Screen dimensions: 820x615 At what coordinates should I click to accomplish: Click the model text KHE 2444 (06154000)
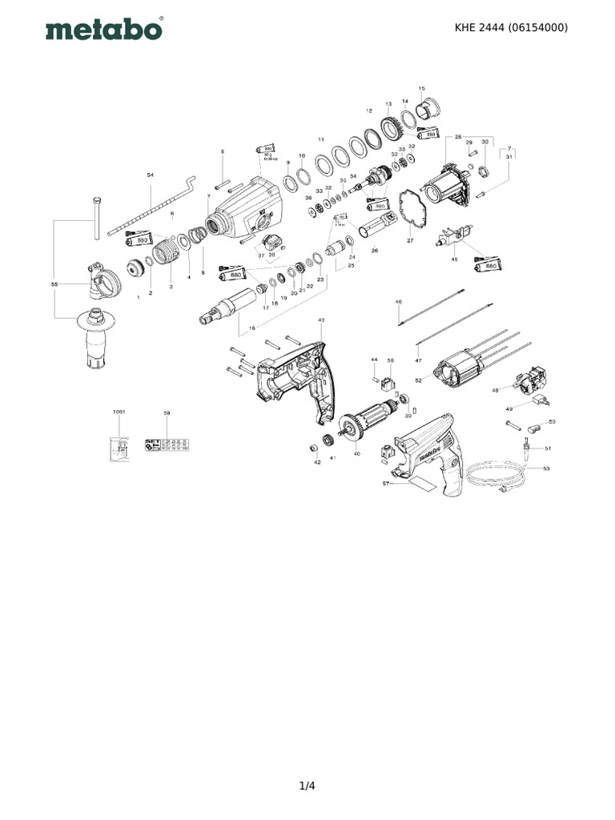click(511, 27)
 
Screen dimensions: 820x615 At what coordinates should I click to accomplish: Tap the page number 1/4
click(307, 786)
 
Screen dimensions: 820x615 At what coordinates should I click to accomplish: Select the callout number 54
click(150, 174)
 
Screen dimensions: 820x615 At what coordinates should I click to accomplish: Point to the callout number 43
click(321, 320)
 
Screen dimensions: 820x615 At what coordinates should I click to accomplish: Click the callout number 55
click(54, 284)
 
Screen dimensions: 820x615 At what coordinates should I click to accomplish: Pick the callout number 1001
click(119, 412)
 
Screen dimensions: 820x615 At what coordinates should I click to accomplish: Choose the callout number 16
click(253, 328)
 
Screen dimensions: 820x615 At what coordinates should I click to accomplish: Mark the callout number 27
click(410, 240)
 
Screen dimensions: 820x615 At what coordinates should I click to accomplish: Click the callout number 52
click(418, 380)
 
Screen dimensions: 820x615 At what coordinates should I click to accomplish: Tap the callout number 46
click(398, 302)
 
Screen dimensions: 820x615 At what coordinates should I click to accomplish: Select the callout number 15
click(422, 88)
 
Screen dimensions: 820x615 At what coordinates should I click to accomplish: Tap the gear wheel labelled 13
click(392, 127)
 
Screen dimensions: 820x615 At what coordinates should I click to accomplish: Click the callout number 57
click(385, 483)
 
